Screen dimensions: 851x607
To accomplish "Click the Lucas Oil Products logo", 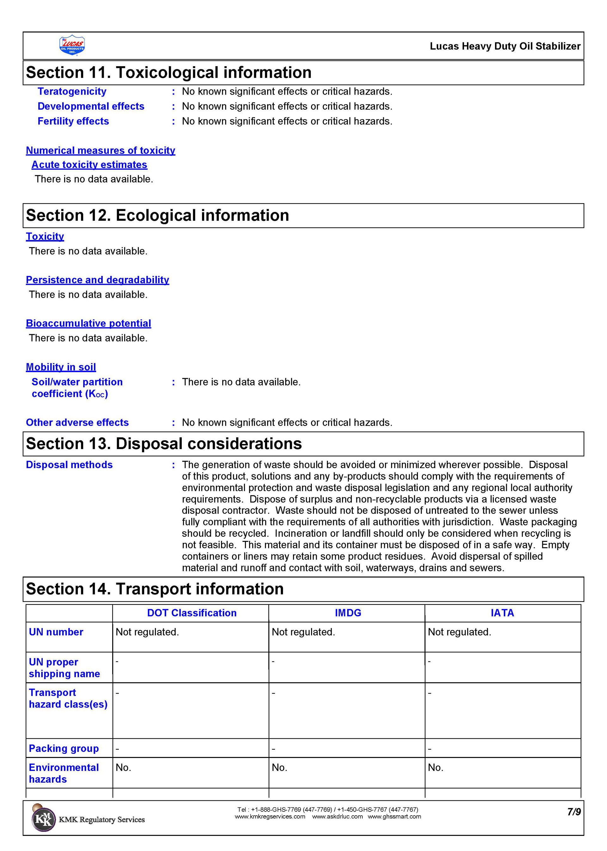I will tap(72, 45).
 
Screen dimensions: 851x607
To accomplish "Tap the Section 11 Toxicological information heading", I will tap(169, 72).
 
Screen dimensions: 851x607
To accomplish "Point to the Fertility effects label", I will tap(73, 121).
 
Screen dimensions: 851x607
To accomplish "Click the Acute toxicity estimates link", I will tap(89, 165).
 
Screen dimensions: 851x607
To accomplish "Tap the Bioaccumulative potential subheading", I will tap(88, 323).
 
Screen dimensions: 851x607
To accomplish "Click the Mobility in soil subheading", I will tap(61, 367).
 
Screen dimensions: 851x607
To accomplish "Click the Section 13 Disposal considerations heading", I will tap(164, 444).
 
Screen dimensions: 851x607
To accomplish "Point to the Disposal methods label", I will tap(69, 465).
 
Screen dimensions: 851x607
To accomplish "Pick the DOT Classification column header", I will tap(192, 613).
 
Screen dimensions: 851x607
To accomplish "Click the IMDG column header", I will tap(348, 613).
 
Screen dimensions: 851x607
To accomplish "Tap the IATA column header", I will tap(502, 613).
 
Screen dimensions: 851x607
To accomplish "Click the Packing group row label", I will tap(64, 748).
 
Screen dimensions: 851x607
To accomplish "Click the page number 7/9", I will tap(574, 812).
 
